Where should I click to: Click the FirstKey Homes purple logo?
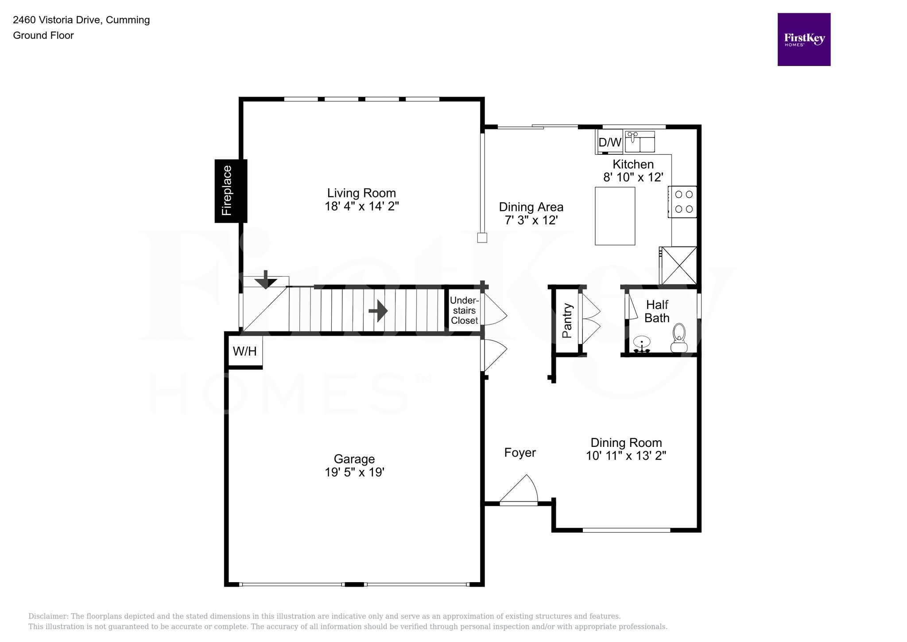803,39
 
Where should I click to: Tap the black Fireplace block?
231,191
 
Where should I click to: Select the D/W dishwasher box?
610,142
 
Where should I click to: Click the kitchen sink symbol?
640,141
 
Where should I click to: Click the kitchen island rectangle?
615,216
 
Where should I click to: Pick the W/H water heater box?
245,352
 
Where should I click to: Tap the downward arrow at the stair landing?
266,280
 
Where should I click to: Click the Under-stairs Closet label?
464,310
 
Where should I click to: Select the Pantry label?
567,321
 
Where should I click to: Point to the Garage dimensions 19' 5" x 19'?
354,472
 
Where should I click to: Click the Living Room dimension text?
362,206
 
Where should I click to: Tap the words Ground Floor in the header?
43,35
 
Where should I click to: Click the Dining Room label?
626,442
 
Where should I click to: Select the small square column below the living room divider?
482,238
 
